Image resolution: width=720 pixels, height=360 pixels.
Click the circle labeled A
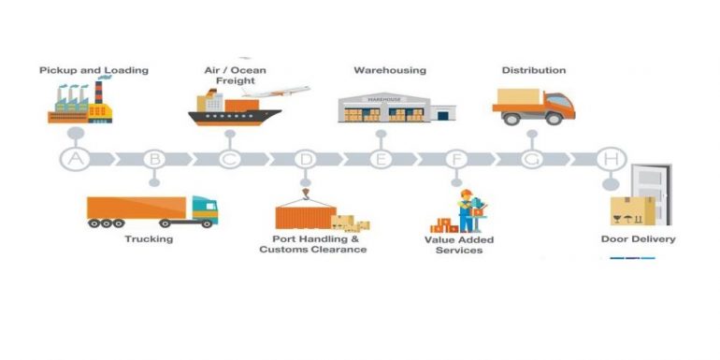tap(77, 159)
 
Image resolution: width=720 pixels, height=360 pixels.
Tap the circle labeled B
tap(154, 159)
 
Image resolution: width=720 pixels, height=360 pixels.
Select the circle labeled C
tap(230, 159)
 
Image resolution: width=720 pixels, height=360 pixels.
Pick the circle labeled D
tap(305, 159)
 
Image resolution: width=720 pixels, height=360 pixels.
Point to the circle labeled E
tap(381, 159)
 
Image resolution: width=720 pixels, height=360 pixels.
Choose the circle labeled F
tap(457, 159)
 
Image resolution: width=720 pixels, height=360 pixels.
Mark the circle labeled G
tap(532, 159)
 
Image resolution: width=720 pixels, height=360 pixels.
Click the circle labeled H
tap(611, 159)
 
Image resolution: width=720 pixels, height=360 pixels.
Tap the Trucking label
tap(150, 239)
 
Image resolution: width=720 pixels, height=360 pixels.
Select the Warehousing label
tap(390, 70)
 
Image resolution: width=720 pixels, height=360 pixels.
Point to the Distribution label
tap(534, 70)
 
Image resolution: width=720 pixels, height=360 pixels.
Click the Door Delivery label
tap(638, 239)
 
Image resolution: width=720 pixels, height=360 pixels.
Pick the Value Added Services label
tap(459, 245)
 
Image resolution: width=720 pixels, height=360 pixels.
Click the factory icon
tap(80, 104)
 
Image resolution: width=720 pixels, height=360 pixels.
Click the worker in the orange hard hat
tap(467, 209)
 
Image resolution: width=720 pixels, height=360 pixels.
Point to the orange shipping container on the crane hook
tap(303, 217)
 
